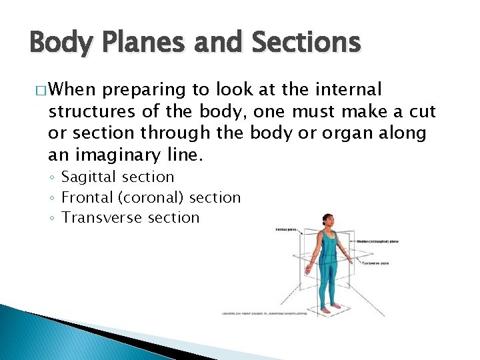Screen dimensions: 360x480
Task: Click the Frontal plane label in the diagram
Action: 286,230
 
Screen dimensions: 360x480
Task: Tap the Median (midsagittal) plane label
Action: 377,241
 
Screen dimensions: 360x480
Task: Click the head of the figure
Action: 327,219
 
